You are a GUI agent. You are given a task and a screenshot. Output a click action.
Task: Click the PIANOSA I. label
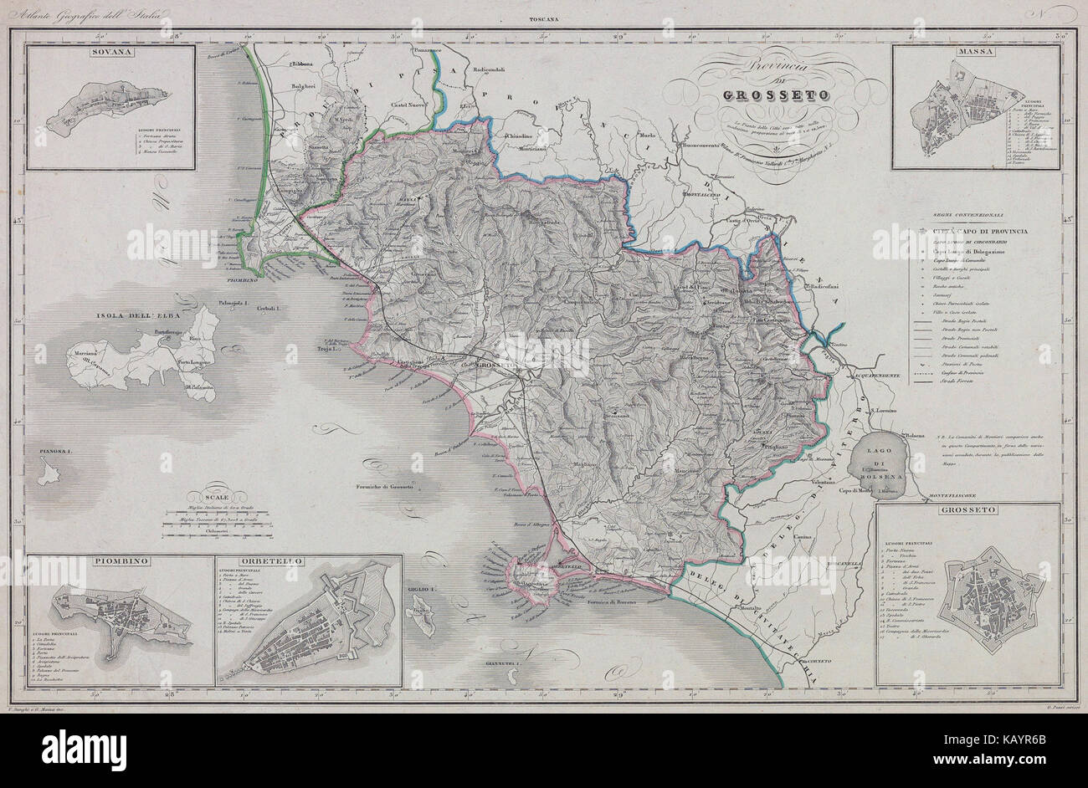(x=56, y=452)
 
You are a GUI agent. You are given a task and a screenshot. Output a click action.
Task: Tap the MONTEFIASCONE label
(x=949, y=498)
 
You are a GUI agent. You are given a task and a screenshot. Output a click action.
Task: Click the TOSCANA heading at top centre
(x=544, y=18)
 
